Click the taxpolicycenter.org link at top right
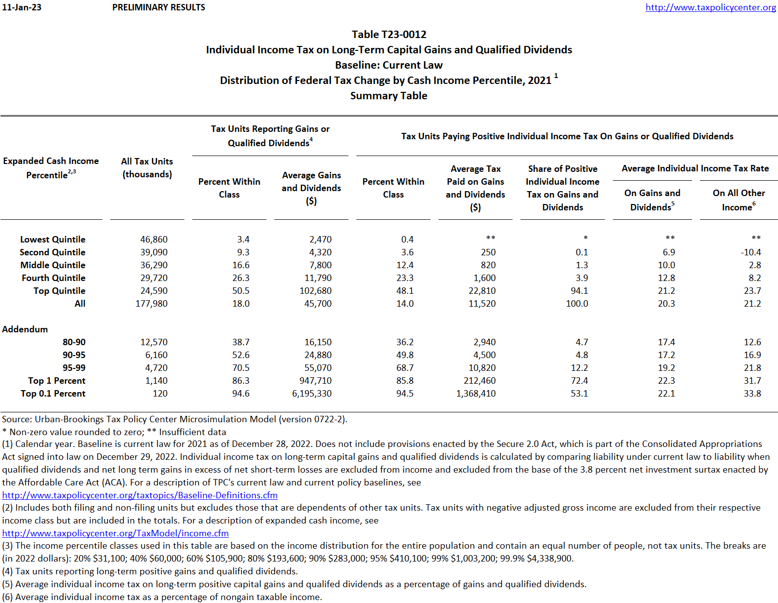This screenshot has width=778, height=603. tap(710, 7)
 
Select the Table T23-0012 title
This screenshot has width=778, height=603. tap(389, 35)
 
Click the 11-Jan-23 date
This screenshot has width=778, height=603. tap(22, 7)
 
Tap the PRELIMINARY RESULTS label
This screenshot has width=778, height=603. tap(159, 7)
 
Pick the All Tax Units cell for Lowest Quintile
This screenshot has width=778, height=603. tap(154, 240)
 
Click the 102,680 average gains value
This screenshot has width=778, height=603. tap(315, 291)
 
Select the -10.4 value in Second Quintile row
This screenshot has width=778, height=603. tap(751, 252)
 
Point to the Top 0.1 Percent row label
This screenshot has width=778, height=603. tap(53, 394)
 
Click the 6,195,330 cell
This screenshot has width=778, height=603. tap(312, 394)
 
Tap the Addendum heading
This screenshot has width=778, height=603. tap(25, 329)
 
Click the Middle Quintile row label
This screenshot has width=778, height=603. tap(53, 265)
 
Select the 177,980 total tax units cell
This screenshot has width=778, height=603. tap(152, 304)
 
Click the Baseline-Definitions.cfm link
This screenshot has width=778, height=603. tap(140, 495)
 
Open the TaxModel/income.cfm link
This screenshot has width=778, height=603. tap(115, 533)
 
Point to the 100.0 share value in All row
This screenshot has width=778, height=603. tap(577, 304)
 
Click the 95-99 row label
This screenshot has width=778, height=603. tap(74, 368)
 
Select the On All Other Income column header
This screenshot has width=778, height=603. tap(738, 200)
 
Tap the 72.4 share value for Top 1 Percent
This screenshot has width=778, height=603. tap(579, 381)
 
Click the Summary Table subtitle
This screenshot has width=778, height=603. tap(389, 96)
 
